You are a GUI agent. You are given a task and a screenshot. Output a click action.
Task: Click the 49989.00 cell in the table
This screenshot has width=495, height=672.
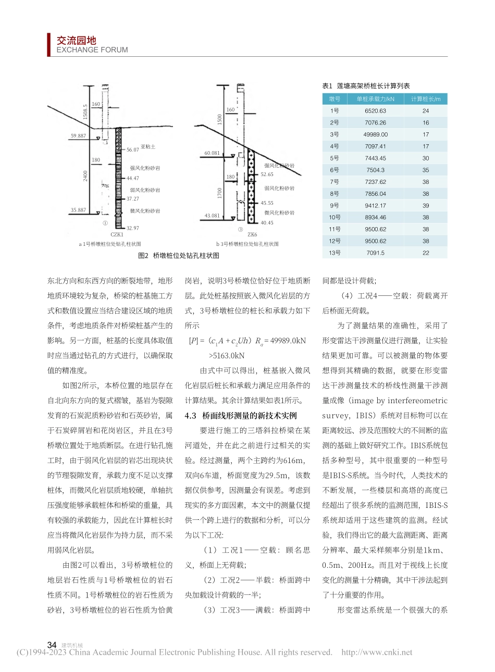click(x=375, y=134)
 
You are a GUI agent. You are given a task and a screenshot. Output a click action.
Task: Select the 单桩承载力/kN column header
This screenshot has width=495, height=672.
click(x=375, y=99)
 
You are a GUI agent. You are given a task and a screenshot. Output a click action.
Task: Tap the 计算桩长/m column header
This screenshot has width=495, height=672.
click(x=425, y=99)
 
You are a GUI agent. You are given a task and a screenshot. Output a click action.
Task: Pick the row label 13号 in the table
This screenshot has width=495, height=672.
click(x=335, y=253)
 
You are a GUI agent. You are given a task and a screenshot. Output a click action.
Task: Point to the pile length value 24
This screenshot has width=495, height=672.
click(x=426, y=111)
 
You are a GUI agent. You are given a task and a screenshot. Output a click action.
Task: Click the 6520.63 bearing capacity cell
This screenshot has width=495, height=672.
click(x=375, y=111)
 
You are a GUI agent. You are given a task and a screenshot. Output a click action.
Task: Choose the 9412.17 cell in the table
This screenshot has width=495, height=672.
click(x=375, y=205)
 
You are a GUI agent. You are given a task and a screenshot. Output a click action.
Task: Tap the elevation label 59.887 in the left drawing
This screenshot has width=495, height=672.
click(x=78, y=136)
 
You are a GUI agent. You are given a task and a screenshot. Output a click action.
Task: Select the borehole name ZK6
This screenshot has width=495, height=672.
click(x=252, y=234)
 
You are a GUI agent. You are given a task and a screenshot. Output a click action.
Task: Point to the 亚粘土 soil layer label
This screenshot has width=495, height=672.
click(x=148, y=147)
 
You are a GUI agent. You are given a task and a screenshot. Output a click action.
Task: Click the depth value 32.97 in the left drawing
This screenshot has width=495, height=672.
click(x=133, y=228)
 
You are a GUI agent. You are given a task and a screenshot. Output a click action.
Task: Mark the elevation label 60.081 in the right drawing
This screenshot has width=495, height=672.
click(x=212, y=153)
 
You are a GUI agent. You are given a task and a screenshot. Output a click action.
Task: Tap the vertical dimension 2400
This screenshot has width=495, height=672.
click(x=85, y=176)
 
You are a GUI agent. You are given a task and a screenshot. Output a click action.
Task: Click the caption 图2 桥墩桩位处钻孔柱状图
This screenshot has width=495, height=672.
click(x=178, y=256)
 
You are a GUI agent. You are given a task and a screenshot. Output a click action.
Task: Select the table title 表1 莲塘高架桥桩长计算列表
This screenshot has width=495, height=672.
click(x=366, y=86)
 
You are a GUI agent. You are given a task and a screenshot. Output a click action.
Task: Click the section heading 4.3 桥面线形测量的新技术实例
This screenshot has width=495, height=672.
click(x=241, y=416)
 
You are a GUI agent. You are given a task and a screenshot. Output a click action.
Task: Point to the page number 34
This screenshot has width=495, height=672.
click(x=52, y=645)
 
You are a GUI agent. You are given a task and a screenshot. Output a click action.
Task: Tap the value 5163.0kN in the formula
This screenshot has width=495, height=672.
click(x=227, y=356)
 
